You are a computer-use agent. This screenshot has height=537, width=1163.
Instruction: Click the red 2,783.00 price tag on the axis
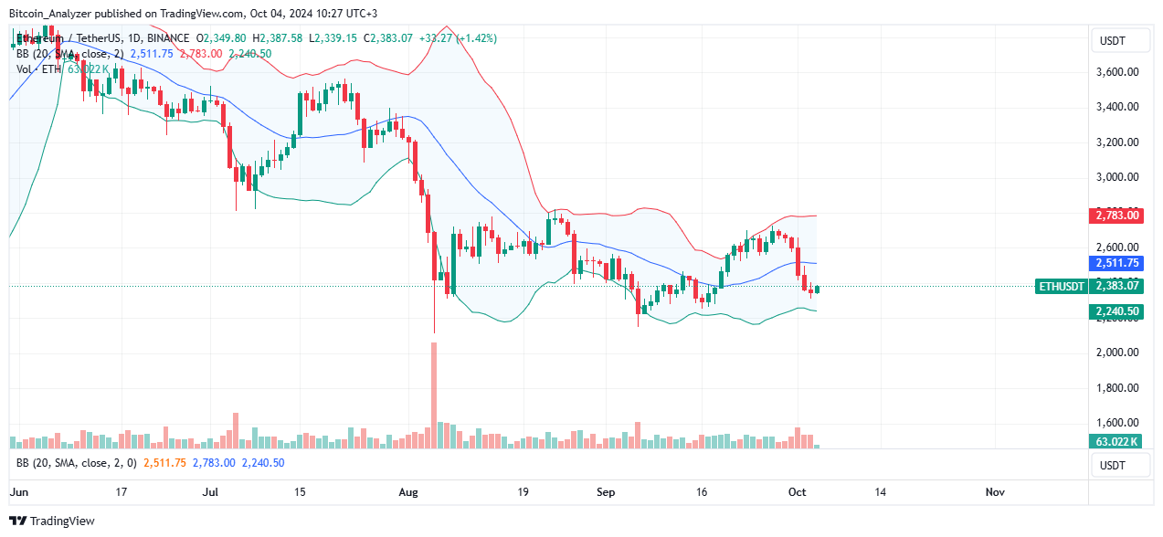pyautogui.click(x=1117, y=216)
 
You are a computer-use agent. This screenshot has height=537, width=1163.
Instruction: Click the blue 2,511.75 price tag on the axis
pyautogui.click(x=1117, y=263)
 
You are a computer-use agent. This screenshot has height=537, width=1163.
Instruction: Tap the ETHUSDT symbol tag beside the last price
pyautogui.click(x=1062, y=287)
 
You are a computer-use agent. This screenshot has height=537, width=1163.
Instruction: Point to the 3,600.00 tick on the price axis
pyautogui.click(x=1118, y=72)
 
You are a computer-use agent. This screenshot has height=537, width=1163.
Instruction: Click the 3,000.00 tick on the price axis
pyautogui.click(x=1118, y=177)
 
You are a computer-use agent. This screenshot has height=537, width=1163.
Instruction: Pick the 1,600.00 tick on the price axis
pyautogui.click(x=1118, y=423)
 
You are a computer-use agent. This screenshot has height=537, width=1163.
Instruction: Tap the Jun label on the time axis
pyautogui.click(x=18, y=491)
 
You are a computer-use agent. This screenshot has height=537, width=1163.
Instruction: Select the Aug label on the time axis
pyautogui.click(x=408, y=491)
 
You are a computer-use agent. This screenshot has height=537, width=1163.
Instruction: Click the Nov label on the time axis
pyautogui.click(x=995, y=491)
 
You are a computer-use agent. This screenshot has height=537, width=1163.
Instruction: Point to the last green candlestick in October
pyautogui.click(x=818, y=290)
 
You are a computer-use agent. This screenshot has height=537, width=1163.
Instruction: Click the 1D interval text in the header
pyautogui.click(x=124, y=38)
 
